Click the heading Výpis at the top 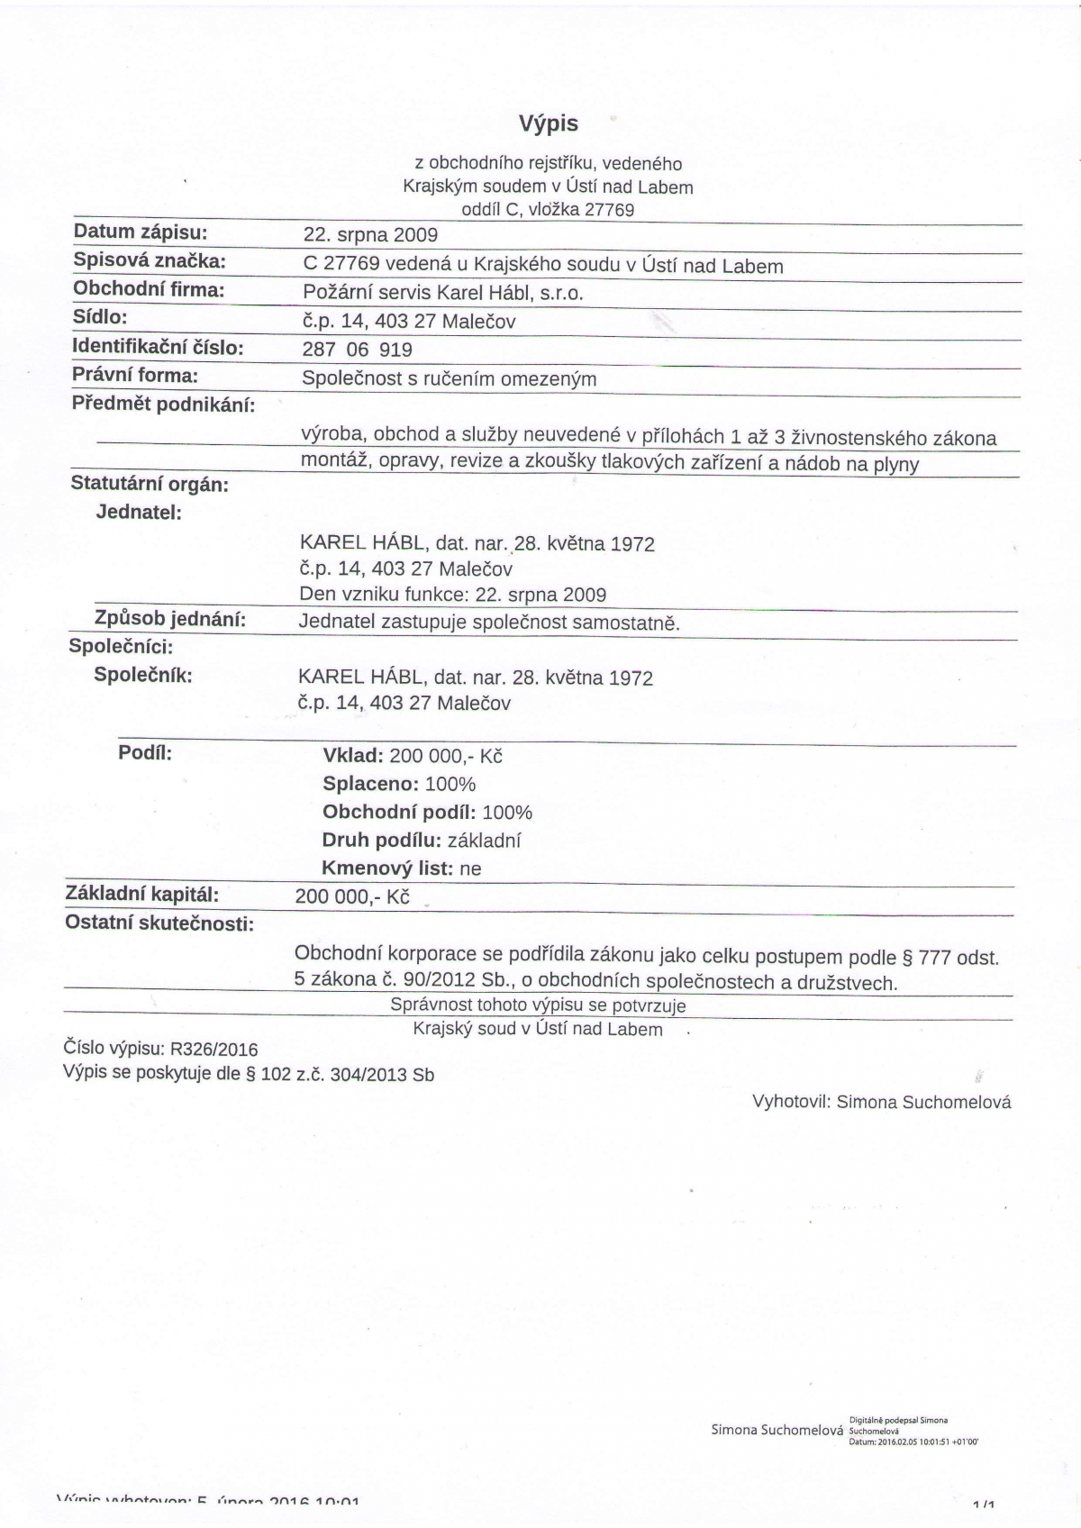coord(548,123)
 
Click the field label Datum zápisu coord(141,232)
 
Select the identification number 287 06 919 coord(358,350)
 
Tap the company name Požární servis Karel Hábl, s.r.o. coord(443,293)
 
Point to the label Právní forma coord(135,375)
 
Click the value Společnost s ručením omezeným coord(449,378)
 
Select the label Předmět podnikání coord(163,404)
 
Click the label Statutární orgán coord(150,485)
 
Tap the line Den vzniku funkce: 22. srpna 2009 coord(452,595)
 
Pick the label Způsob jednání coord(170,619)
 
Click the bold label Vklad coord(354,755)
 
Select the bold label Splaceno coord(370,784)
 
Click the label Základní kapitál coord(142,895)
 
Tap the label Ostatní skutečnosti coord(159,923)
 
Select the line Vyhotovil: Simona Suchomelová coord(881,1102)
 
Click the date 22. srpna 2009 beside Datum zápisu coord(370,235)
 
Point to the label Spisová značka coord(149,261)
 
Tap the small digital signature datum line coord(913,1442)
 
